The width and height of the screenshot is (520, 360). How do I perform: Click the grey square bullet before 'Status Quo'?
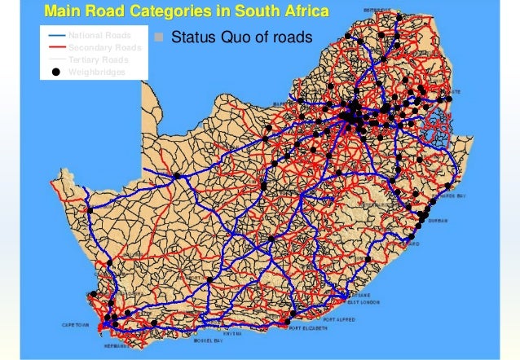click(x=159, y=37)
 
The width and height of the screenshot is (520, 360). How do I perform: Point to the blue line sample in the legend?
click(x=55, y=37)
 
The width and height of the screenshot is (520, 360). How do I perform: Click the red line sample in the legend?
click(x=55, y=48)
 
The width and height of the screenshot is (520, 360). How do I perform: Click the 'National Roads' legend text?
click(x=99, y=37)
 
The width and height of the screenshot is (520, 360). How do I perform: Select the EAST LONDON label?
click(x=364, y=302)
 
